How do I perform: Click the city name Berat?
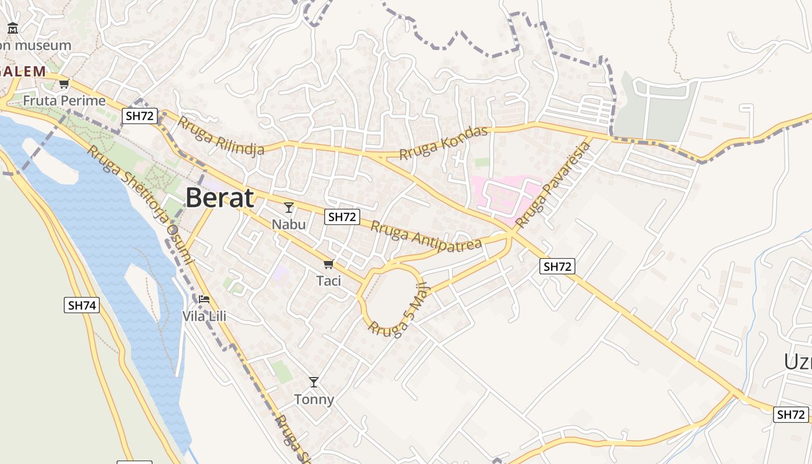point(219,198)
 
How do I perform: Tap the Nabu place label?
point(288,223)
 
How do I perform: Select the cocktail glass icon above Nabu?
point(289,207)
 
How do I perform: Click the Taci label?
point(328,281)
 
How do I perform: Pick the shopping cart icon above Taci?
point(328,264)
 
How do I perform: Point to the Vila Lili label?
point(204,316)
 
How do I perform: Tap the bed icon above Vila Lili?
point(204,299)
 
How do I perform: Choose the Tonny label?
point(314,399)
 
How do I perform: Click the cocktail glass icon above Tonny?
point(314,382)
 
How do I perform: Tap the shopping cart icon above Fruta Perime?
point(64,84)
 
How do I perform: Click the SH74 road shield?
point(81,305)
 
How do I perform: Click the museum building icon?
point(13,28)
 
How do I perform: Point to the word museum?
point(43,45)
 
